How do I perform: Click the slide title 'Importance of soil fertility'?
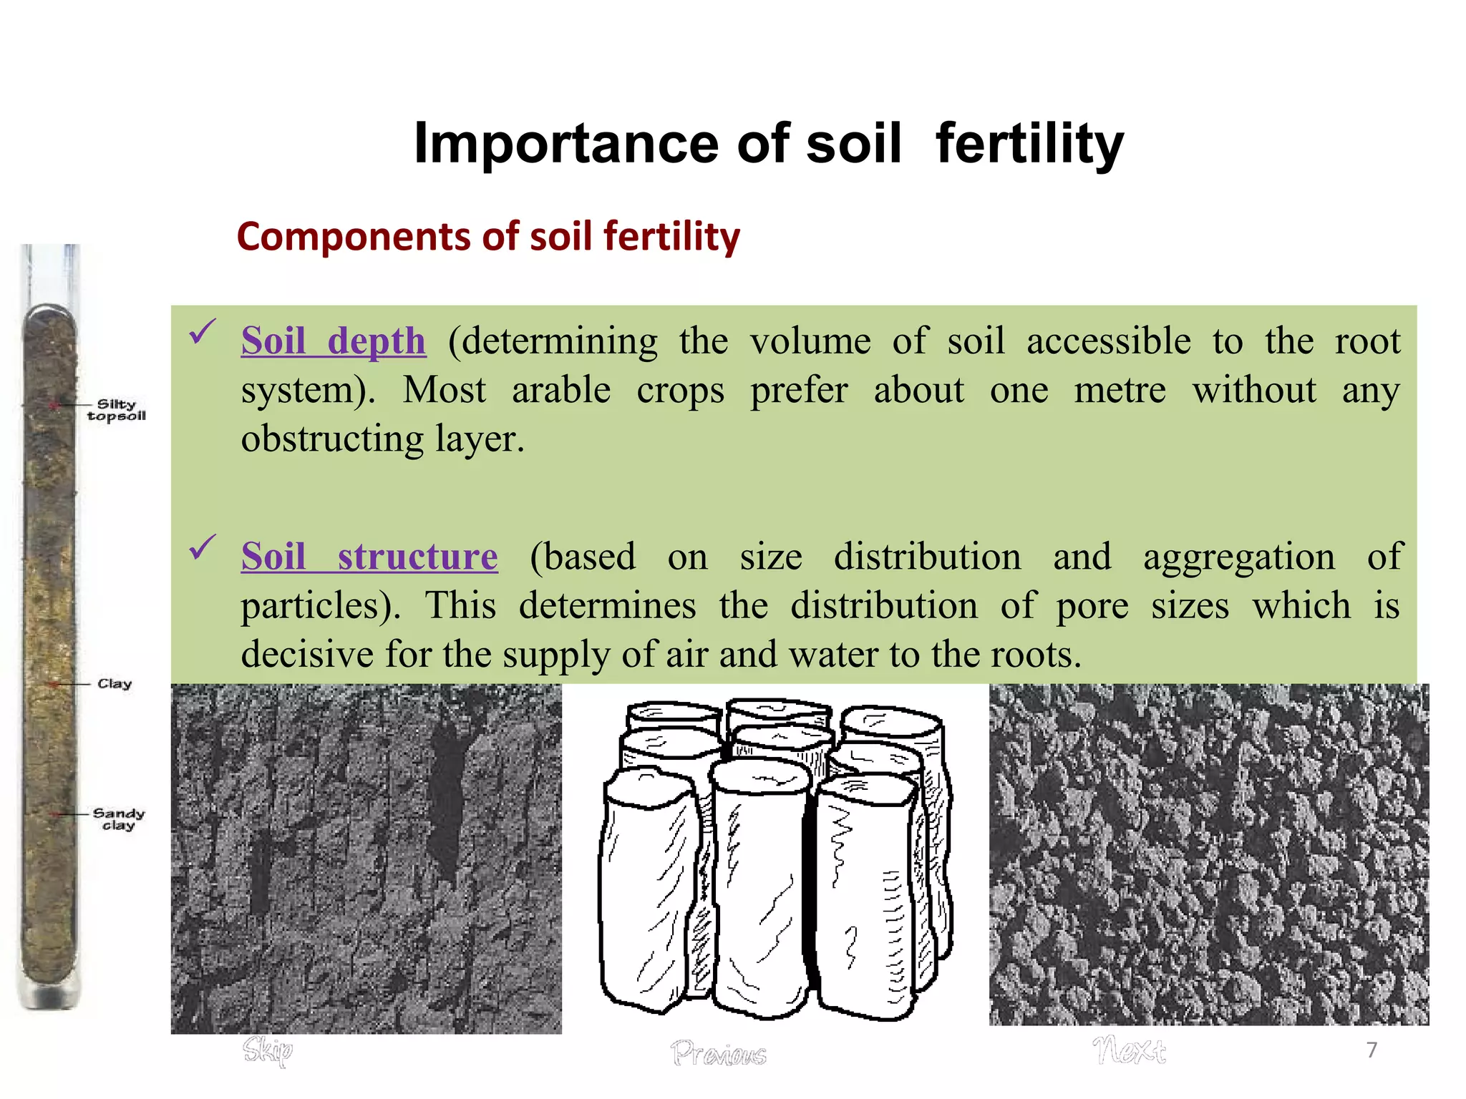(x=768, y=144)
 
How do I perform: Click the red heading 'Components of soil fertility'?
(x=488, y=237)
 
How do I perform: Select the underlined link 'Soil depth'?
(x=334, y=341)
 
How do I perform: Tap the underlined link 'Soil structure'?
(x=369, y=557)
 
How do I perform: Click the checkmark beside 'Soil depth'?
(x=203, y=331)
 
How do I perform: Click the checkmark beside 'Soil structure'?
(x=203, y=548)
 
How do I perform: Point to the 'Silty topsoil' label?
(x=117, y=410)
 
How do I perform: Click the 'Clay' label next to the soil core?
(x=115, y=684)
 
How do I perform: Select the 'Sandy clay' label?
(x=118, y=819)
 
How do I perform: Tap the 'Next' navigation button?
(x=1129, y=1050)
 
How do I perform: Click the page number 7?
(x=1372, y=1050)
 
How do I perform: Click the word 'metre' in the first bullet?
(x=1120, y=391)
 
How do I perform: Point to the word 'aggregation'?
(x=1238, y=558)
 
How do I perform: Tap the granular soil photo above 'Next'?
(x=1208, y=855)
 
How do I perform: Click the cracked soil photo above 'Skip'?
(x=366, y=859)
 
